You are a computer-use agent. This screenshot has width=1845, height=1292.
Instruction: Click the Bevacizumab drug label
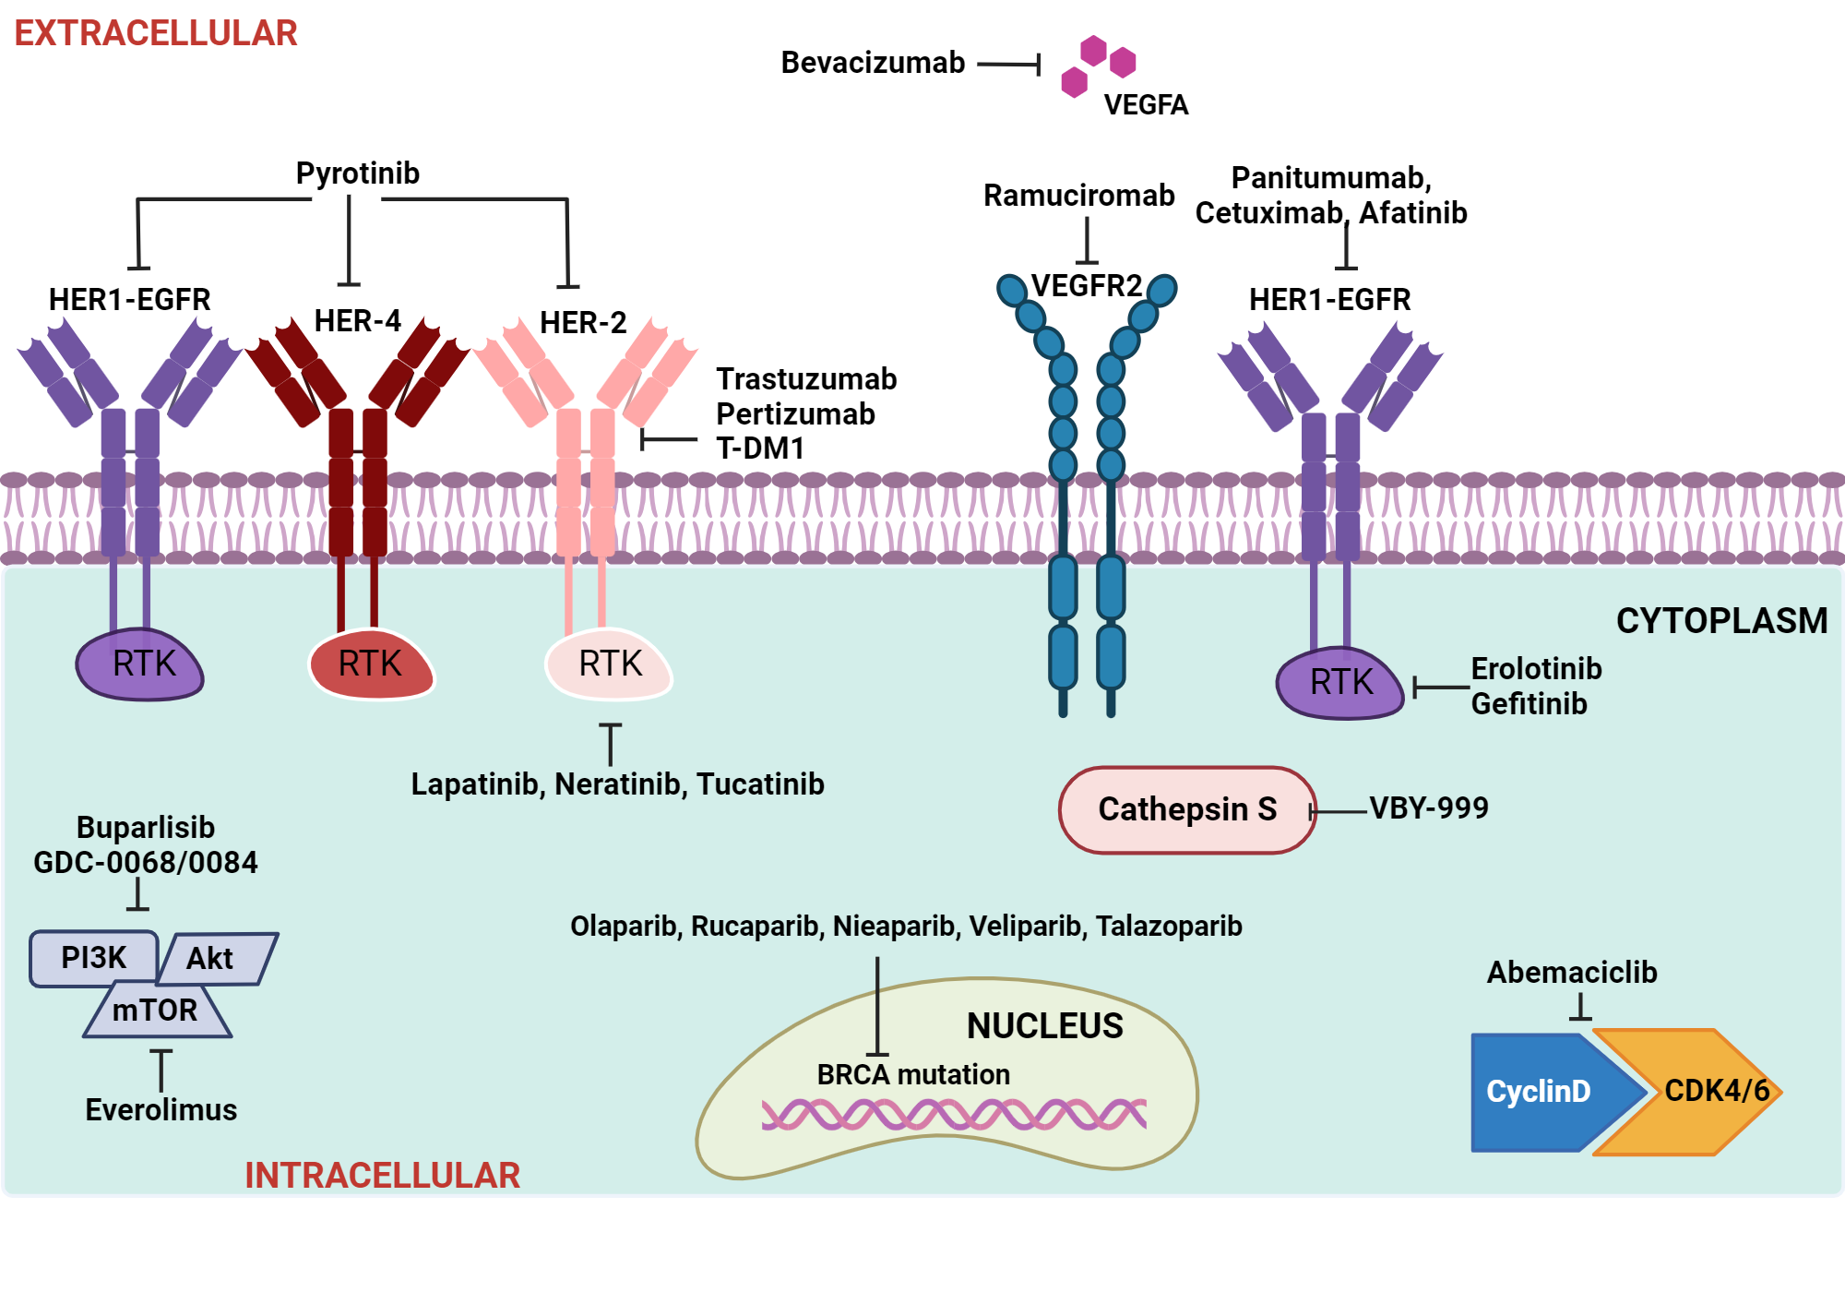(x=873, y=63)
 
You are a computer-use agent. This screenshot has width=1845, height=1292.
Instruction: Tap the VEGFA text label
(x=1146, y=104)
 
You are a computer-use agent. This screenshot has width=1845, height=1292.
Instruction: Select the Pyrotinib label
(x=357, y=173)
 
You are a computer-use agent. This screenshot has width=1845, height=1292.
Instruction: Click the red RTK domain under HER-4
(x=370, y=664)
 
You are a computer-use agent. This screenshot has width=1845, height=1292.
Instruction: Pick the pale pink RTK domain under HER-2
(x=610, y=664)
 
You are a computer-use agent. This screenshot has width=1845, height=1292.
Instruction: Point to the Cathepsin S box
(x=1186, y=809)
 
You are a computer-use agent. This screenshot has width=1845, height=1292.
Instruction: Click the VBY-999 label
(x=1429, y=808)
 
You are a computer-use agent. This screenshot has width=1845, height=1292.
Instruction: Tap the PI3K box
(x=93, y=958)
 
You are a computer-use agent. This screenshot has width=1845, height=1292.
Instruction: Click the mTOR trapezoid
(x=155, y=1011)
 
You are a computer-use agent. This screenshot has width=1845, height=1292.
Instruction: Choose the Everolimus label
(x=161, y=1109)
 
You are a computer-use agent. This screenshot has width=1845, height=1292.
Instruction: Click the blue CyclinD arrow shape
(x=1539, y=1092)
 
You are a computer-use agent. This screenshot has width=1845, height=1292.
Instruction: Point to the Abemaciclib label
(x=1572, y=973)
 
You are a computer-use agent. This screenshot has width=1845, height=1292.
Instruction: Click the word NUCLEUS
(x=1044, y=1026)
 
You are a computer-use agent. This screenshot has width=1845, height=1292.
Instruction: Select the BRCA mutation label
(x=912, y=1074)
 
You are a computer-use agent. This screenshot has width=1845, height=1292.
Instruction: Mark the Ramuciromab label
(x=1078, y=196)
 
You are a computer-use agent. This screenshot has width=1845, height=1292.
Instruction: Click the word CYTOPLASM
(x=1721, y=621)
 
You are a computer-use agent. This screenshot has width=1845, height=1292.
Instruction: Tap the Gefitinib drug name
(x=1529, y=704)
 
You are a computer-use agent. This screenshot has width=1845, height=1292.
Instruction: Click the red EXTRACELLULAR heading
(x=156, y=33)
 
